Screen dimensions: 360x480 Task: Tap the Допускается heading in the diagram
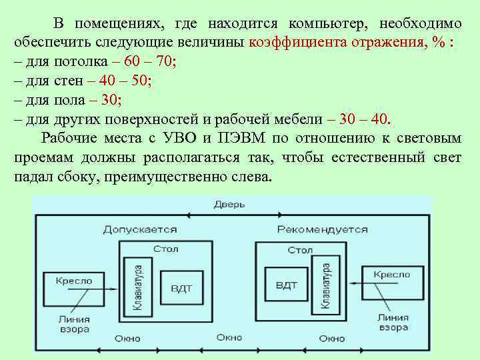pyautogui.click(x=140, y=229)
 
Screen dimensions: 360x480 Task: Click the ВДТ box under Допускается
pyautogui.click(x=181, y=289)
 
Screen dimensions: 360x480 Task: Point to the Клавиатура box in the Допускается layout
pyautogui.click(x=138, y=287)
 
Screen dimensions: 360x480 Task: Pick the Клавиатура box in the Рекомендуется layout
pyautogui.click(x=327, y=285)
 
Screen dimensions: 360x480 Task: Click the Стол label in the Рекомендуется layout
pyautogui.click(x=300, y=250)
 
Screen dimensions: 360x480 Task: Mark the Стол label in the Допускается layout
pyautogui.click(x=165, y=249)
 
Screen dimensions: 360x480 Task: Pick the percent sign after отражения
pyautogui.click(x=438, y=43)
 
